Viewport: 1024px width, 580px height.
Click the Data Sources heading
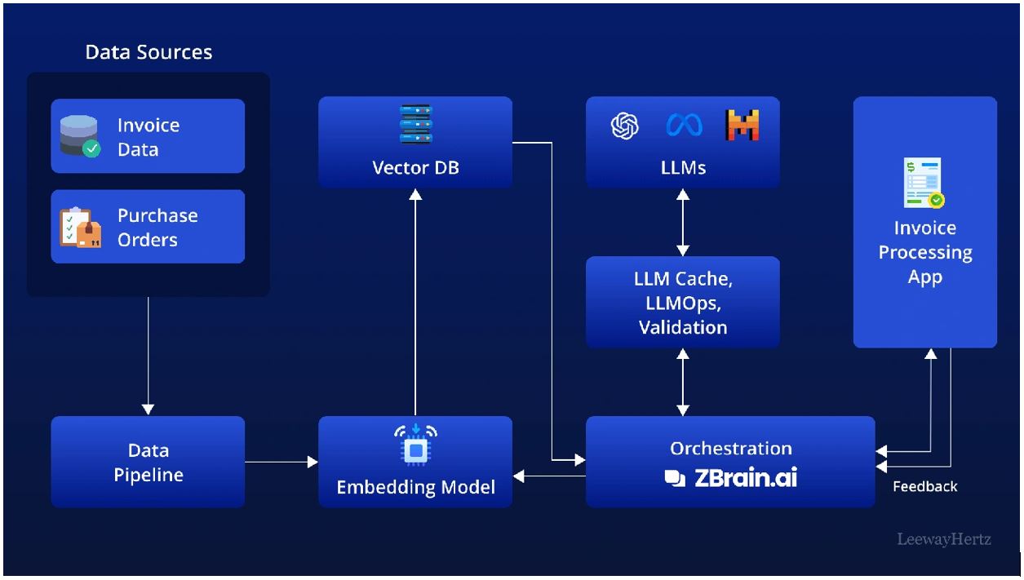click(x=149, y=52)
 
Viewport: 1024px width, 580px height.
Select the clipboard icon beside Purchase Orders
click(x=80, y=227)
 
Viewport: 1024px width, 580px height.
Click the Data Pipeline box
click(x=148, y=462)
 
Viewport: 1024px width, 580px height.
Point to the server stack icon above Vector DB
click(x=415, y=125)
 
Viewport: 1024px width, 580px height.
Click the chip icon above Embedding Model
click(x=415, y=446)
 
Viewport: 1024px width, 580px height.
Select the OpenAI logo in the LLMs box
click(x=625, y=126)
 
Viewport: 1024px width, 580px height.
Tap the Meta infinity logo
click(x=684, y=126)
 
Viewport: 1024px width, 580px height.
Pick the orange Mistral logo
click(x=742, y=126)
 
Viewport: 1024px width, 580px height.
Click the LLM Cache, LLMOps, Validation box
click(x=683, y=303)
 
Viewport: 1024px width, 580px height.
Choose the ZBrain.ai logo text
click(x=731, y=478)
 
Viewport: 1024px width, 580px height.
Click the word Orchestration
click(x=731, y=448)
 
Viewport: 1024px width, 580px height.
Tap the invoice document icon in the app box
click(x=924, y=184)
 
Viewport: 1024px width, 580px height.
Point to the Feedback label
click(x=924, y=486)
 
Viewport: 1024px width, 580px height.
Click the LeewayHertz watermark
click(x=943, y=539)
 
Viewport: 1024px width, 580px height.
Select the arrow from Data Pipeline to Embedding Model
click(x=281, y=463)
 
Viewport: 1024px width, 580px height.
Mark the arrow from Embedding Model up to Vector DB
click(x=415, y=302)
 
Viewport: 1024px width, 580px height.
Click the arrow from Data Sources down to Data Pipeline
click(x=148, y=356)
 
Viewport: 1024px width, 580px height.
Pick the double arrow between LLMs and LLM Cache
click(x=683, y=222)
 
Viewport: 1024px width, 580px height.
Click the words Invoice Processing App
click(x=925, y=252)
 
